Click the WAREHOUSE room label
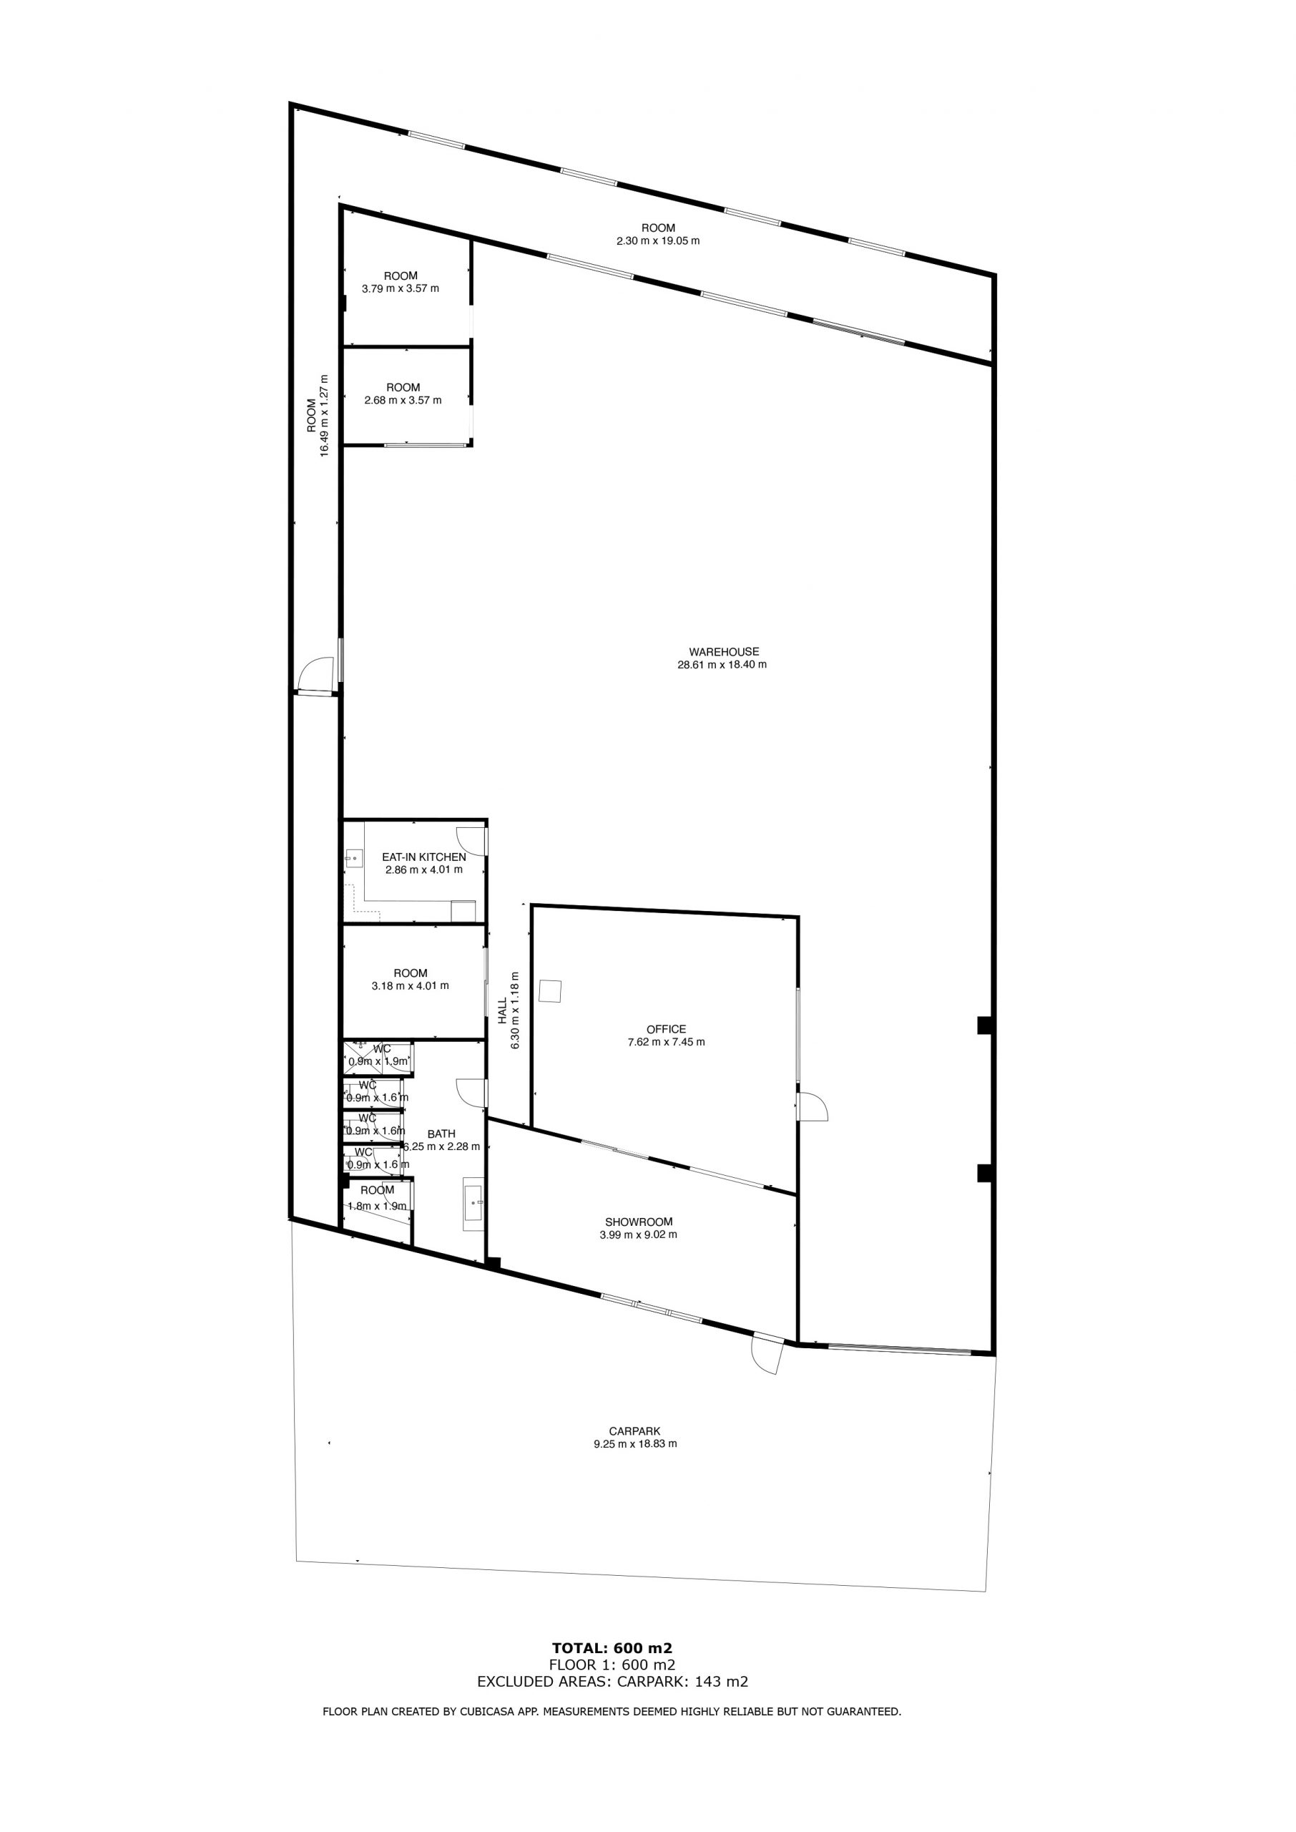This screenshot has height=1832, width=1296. (724, 651)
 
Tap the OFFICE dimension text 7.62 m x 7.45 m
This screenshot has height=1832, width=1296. (667, 1042)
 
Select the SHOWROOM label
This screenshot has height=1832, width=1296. (639, 1222)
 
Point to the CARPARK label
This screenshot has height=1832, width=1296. (634, 1431)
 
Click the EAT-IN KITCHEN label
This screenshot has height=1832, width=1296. (423, 857)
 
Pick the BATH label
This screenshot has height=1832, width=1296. (441, 1134)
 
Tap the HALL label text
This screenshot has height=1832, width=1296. (503, 1010)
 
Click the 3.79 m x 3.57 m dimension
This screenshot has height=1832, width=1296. (401, 288)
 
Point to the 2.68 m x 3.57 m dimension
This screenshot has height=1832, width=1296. (403, 400)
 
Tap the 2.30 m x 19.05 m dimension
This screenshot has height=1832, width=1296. (659, 240)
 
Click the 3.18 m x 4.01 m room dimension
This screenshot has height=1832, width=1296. (411, 986)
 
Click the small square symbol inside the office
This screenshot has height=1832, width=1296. (551, 990)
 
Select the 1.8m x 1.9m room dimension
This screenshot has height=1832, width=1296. (377, 1206)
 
